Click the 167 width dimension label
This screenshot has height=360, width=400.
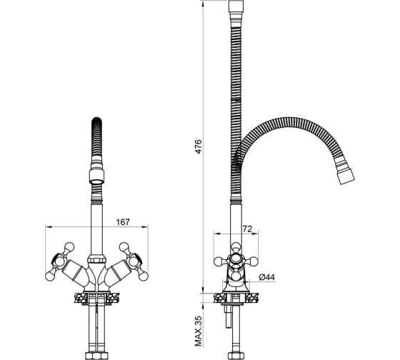(123, 222)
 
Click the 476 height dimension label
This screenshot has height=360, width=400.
(199, 146)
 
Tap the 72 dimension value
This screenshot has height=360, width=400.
(247, 229)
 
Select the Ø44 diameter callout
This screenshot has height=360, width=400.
(267, 277)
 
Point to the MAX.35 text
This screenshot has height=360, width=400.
(199, 331)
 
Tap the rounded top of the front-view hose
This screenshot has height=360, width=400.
(97, 121)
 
